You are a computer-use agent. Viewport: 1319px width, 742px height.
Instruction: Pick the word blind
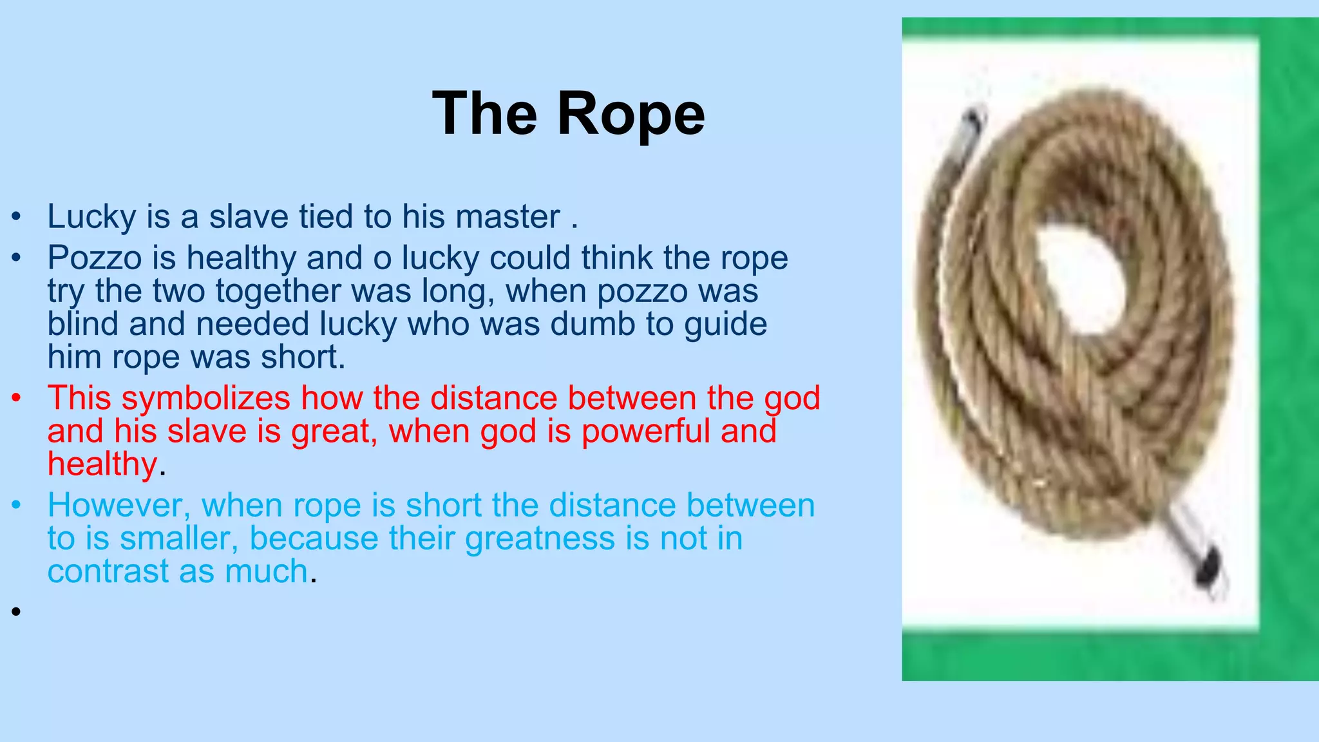(x=83, y=324)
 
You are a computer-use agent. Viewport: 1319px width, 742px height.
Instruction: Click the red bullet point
(x=16, y=399)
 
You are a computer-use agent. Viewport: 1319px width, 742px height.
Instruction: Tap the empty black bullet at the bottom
(x=16, y=611)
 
